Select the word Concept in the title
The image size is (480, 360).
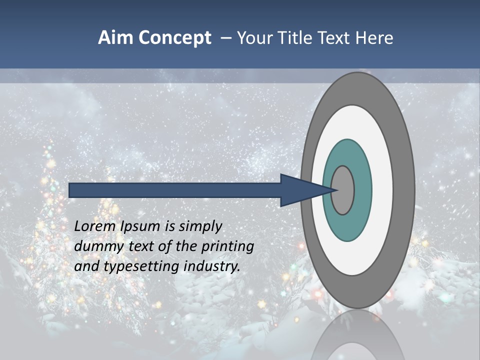pos(175,38)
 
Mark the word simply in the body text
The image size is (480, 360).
pos(200,227)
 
